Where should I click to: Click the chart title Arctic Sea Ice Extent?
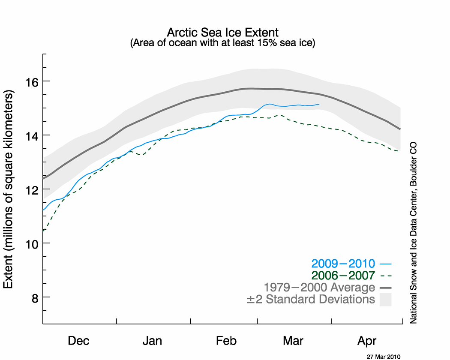tap(222, 33)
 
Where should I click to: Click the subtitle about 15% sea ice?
tap(222, 43)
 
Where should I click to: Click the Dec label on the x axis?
tap(79, 341)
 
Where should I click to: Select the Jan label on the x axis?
tap(152, 341)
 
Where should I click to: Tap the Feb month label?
tap(226, 341)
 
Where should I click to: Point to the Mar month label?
tap(293, 341)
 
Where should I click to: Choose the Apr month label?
tap(367, 341)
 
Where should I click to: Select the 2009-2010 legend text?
tap(343, 264)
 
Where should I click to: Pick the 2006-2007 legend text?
tap(343, 276)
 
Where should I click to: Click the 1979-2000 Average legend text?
tap(319, 287)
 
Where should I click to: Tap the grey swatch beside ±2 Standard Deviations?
tap(386, 299)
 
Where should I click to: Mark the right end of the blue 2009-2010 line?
tap(319, 104)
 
